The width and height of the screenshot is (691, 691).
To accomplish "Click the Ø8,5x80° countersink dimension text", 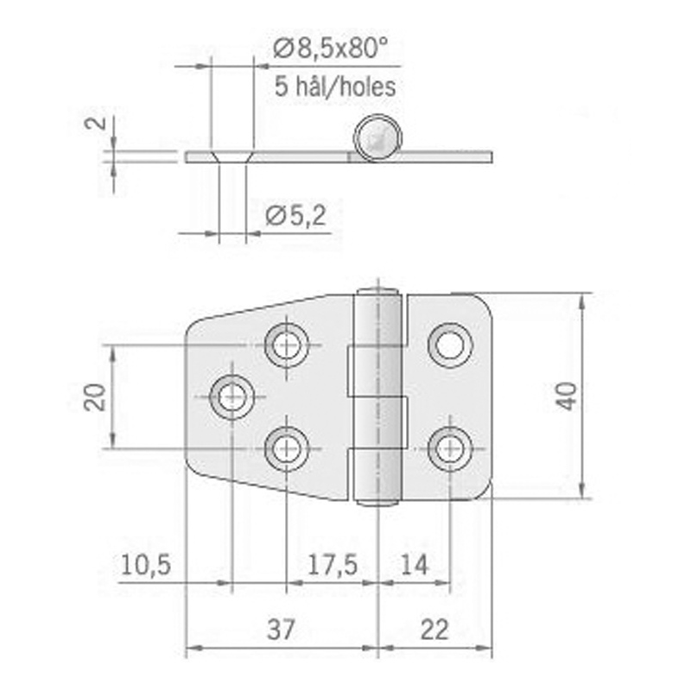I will [326, 49].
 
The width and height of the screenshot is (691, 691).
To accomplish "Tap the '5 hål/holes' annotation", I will [335, 86].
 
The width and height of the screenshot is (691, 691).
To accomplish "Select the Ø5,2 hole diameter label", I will [296, 216].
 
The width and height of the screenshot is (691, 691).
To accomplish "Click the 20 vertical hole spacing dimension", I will [97, 397].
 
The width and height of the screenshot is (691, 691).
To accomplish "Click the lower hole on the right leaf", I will [449, 448].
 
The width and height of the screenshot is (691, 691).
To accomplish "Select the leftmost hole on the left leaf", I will [231, 397].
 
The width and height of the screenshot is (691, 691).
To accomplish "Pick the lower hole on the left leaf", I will [286, 448].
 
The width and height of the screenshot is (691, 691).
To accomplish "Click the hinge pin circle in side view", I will [377, 137].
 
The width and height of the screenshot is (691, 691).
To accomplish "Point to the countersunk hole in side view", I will [231, 156].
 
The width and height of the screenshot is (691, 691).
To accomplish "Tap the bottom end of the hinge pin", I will [378, 502].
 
